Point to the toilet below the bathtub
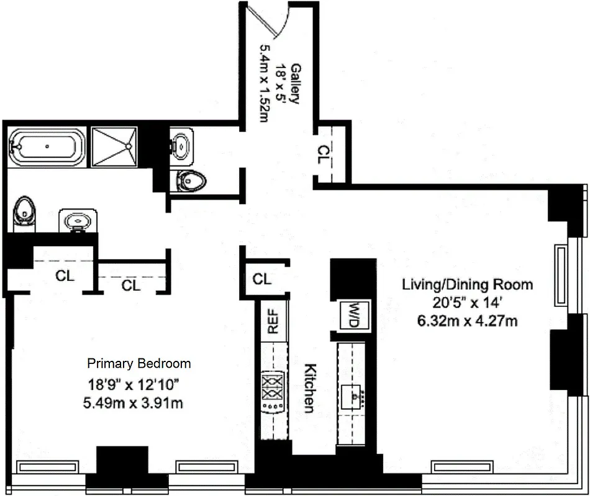[24, 213]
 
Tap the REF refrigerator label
[273, 321]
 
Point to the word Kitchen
[309, 387]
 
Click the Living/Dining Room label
[467, 285]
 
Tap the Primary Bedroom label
[138, 363]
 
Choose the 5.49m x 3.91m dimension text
[133, 403]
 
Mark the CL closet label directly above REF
[262, 279]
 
